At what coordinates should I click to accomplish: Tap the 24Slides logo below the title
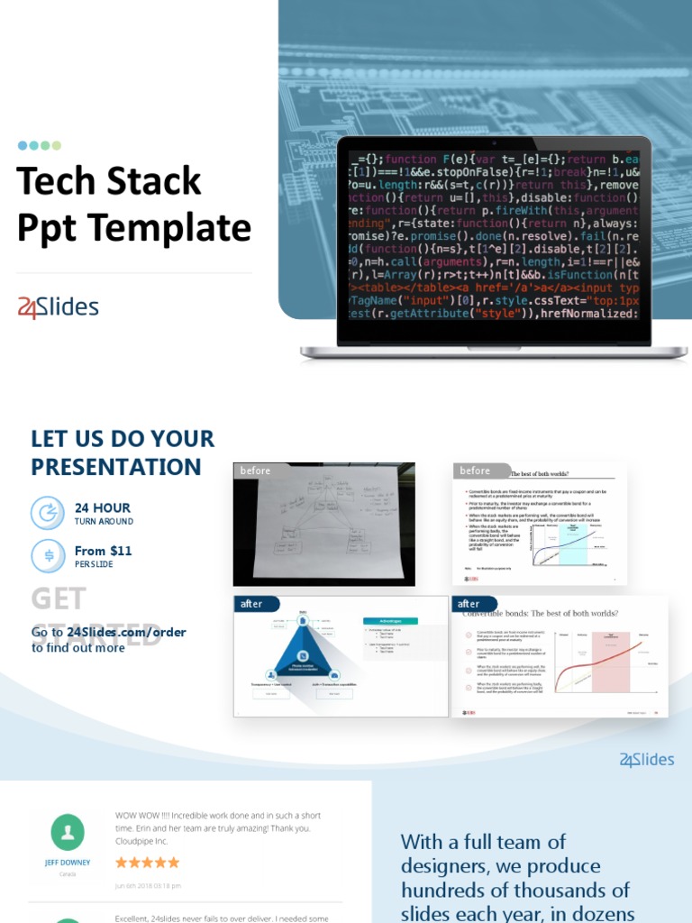tap(59, 307)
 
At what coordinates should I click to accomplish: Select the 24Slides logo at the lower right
tap(647, 760)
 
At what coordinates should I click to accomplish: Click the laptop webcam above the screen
tap(494, 143)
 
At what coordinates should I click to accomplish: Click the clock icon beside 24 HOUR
tap(48, 513)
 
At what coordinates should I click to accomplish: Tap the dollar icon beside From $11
tap(48, 555)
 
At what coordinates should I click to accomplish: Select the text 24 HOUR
tap(102, 507)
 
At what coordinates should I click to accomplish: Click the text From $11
tap(103, 551)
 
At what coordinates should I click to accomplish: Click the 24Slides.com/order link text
tap(126, 632)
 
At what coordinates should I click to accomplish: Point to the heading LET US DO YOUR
tap(123, 439)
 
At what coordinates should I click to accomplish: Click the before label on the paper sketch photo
tap(255, 471)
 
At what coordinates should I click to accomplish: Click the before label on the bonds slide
tap(475, 471)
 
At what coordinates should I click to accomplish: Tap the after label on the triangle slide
tap(251, 603)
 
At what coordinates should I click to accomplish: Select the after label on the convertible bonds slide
tap(469, 603)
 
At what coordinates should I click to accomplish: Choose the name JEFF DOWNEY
tap(68, 863)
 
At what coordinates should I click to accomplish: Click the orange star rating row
tap(147, 863)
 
